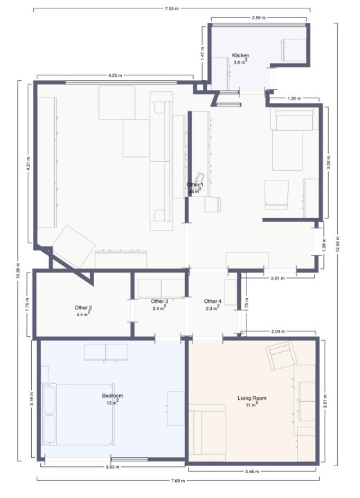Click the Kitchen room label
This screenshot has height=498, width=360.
pyautogui.click(x=240, y=55)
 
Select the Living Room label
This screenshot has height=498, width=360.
pyautogui.click(x=251, y=398)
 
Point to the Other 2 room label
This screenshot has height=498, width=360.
pyautogui.click(x=83, y=308)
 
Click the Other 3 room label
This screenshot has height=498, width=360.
pyautogui.click(x=160, y=302)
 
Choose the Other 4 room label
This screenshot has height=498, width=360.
pyautogui.click(x=213, y=302)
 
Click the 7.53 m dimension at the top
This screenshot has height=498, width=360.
pyautogui.click(x=171, y=9)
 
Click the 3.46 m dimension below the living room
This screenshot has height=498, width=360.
pyautogui.click(x=251, y=472)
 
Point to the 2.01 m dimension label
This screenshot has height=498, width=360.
pyautogui.click(x=277, y=277)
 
